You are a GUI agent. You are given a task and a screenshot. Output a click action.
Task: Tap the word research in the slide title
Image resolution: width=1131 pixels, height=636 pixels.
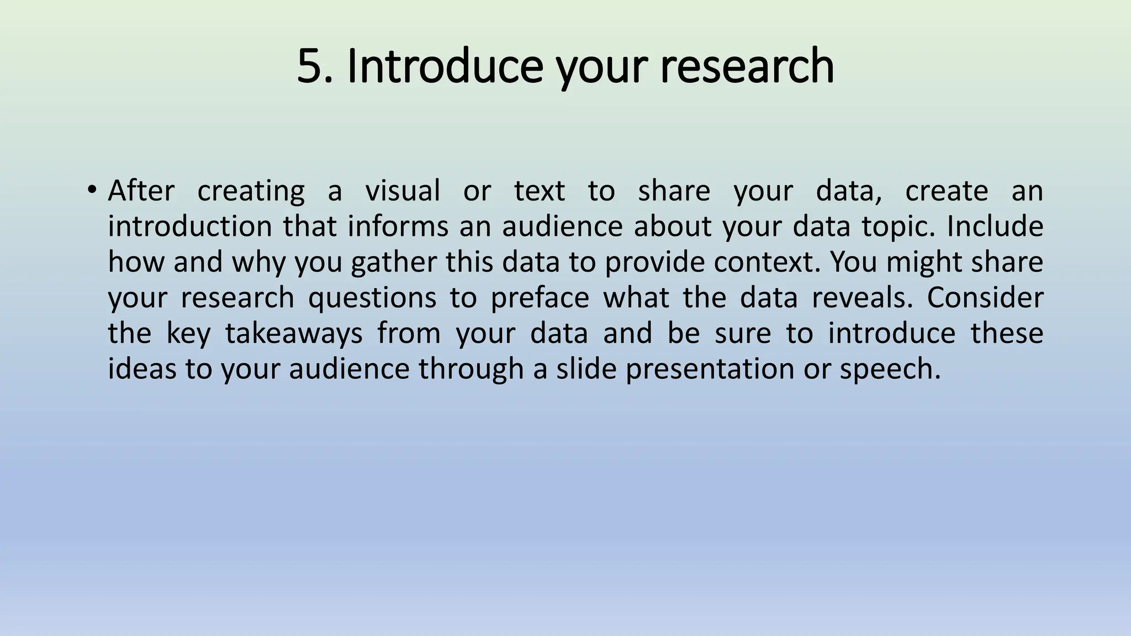click(747, 66)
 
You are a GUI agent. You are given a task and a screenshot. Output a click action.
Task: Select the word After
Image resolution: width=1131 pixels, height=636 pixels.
click(141, 191)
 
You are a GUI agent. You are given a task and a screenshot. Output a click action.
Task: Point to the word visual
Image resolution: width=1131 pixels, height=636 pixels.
click(403, 191)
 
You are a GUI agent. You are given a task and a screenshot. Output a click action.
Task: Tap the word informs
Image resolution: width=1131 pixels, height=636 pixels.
click(398, 227)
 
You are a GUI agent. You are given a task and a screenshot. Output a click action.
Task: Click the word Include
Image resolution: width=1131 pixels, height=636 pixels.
click(995, 227)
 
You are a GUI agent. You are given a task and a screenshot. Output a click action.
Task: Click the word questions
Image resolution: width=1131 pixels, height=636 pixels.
click(380, 299)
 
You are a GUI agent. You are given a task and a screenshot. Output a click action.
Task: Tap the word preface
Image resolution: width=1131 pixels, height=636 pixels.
click(540, 298)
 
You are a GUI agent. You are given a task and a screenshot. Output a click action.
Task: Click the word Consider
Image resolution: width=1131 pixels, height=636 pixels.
click(985, 298)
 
